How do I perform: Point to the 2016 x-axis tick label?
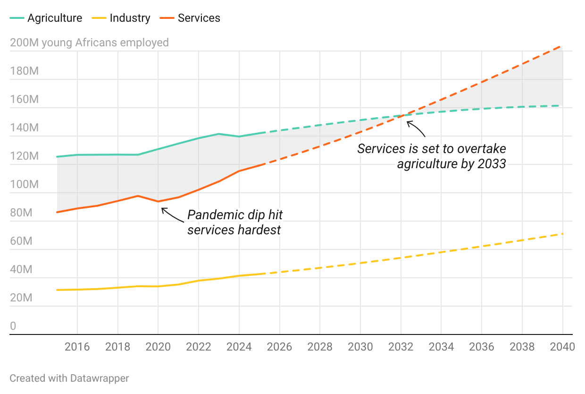tap(77, 347)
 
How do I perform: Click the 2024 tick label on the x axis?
tap(239, 347)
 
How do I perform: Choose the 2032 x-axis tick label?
tap(401, 347)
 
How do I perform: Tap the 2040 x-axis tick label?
tap(562, 347)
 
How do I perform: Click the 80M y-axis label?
tap(21, 213)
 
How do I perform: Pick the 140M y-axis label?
tap(24, 128)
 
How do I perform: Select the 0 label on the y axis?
tap(13, 326)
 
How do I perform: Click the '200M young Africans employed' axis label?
tap(89, 43)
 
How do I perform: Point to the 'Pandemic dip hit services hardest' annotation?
tap(235, 222)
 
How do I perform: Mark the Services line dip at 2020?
tap(158, 201)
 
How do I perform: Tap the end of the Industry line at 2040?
tap(562, 234)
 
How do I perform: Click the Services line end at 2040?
tap(561, 46)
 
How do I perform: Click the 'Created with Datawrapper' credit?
tap(69, 378)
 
